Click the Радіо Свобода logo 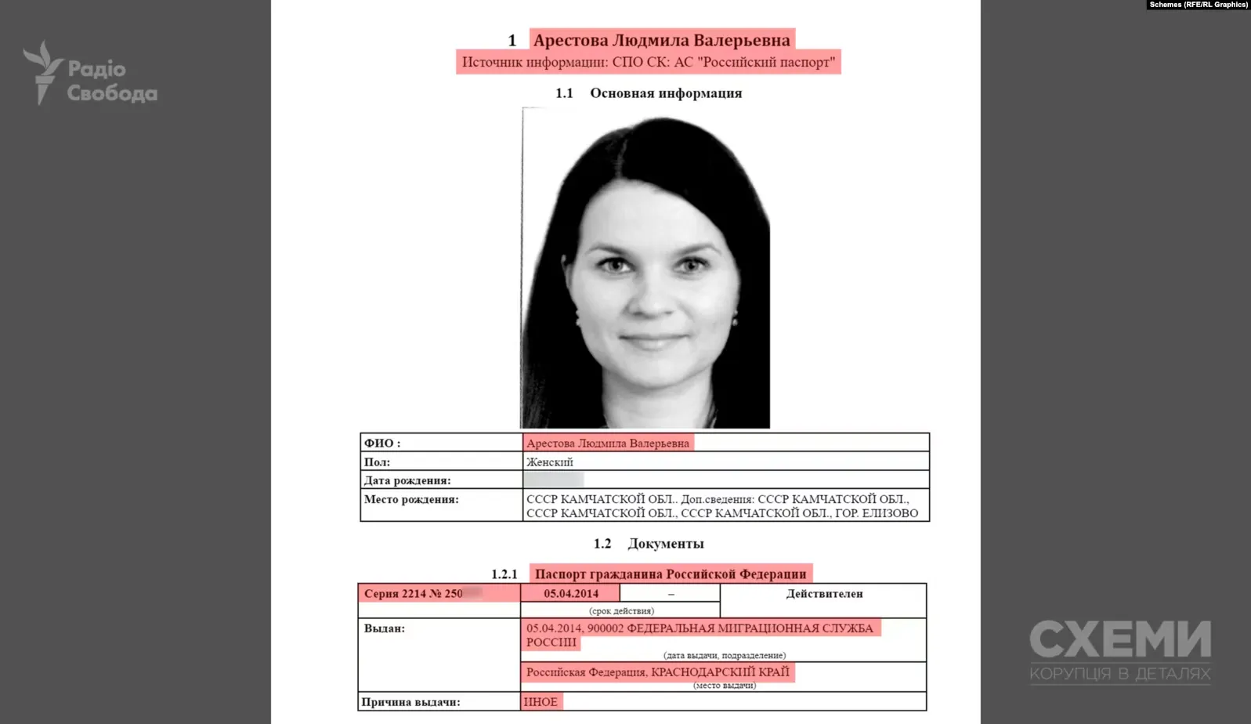pyautogui.click(x=90, y=74)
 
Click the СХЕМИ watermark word pyautogui.click(x=1119, y=639)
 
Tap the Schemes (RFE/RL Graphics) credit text pyautogui.click(x=1198, y=5)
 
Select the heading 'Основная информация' pyautogui.click(x=665, y=93)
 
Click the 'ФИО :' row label pyautogui.click(x=382, y=443)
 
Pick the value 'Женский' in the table pyautogui.click(x=550, y=462)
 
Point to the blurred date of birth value pyautogui.click(x=554, y=480)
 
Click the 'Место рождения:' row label pyautogui.click(x=411, y=499)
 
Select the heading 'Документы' pyautogui.click(x=665, y=544)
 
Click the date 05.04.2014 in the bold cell pyautogui.click(x=570, y=593)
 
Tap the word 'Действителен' pyautogui.click(x=824, y=594)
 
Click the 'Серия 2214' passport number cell pyautogui.click(x=414, y=594)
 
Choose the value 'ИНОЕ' pyautogui.click(x=541, y=702)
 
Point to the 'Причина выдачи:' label pyautogui.click(x=411, y=702)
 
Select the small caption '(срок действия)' pyautogui.click(x=621, y=610)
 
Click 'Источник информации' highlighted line pyautogui.click(x=648, y=62)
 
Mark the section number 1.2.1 pyautogui.click(x=504, y=574)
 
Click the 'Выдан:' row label pyautogui.click(x=385, y=628)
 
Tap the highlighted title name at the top pyautogui.click(x=661, y=40)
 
